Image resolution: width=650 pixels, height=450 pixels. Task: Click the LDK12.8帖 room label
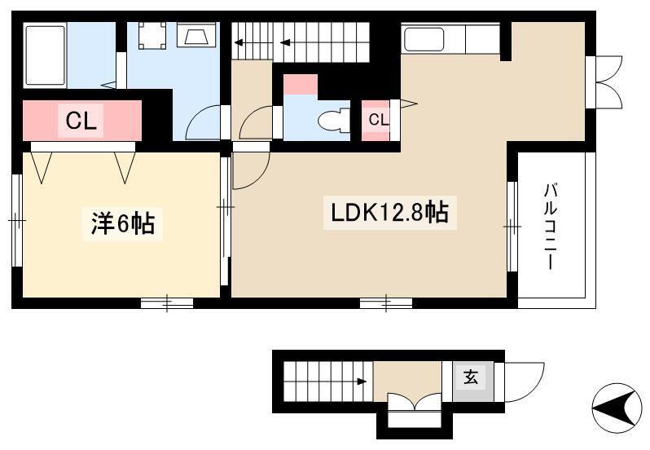(x=389, y=213)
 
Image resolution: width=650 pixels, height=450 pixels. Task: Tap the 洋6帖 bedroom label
(x=123, y=224)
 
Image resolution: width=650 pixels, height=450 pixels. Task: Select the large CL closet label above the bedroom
(x=81, y=121)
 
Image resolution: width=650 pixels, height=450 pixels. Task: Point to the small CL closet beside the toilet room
(x=379, y=120)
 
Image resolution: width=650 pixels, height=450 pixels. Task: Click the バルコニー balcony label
(x=550, y=227)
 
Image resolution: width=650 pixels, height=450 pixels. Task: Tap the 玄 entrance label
(x=471, y=377)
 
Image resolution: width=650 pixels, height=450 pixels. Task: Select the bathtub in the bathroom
(x=45, y=55)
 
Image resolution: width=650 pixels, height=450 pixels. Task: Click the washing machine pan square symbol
(x=152, y=35)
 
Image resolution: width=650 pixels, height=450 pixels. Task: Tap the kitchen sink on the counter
(x=424, y=39)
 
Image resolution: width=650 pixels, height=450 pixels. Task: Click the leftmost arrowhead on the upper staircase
(x=239, y=42)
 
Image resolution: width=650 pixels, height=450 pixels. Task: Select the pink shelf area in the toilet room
(x=301, y=85)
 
